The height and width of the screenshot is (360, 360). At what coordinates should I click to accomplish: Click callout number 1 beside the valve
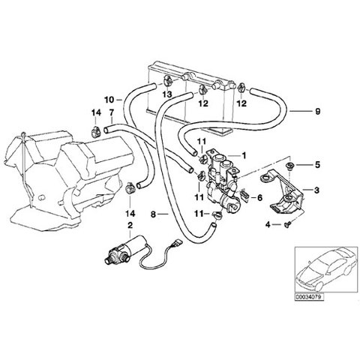(x=244, y=155)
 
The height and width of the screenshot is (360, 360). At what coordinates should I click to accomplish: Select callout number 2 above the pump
(x=130, y=226)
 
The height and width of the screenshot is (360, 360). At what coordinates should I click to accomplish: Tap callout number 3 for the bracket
(x=316, y=190)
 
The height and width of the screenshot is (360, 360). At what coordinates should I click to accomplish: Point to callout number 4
(x=268, y=225)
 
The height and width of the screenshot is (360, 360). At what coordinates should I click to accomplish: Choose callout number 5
(x=317, y=165)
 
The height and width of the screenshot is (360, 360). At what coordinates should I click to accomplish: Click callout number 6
(x=259, y=198)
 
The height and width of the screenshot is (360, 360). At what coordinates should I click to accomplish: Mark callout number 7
(x=111, y=113)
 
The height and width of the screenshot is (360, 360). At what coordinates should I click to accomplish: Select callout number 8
(x=153, y=214)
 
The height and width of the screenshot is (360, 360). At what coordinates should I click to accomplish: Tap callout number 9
(x=317, y=111)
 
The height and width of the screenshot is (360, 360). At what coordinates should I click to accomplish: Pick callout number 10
(x=109, y=100)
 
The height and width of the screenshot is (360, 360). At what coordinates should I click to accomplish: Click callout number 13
(x=167, y=94)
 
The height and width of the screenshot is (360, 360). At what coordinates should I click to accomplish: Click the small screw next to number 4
(x=286, y=225)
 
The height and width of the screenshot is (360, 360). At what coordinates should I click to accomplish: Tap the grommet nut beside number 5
(x=289, y=166)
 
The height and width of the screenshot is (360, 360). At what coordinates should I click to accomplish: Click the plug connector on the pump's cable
(x=178, y=243)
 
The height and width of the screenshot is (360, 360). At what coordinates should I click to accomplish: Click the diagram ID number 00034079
(x=309, y=297)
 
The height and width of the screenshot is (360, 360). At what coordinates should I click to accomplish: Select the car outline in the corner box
(x=325, y=270)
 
